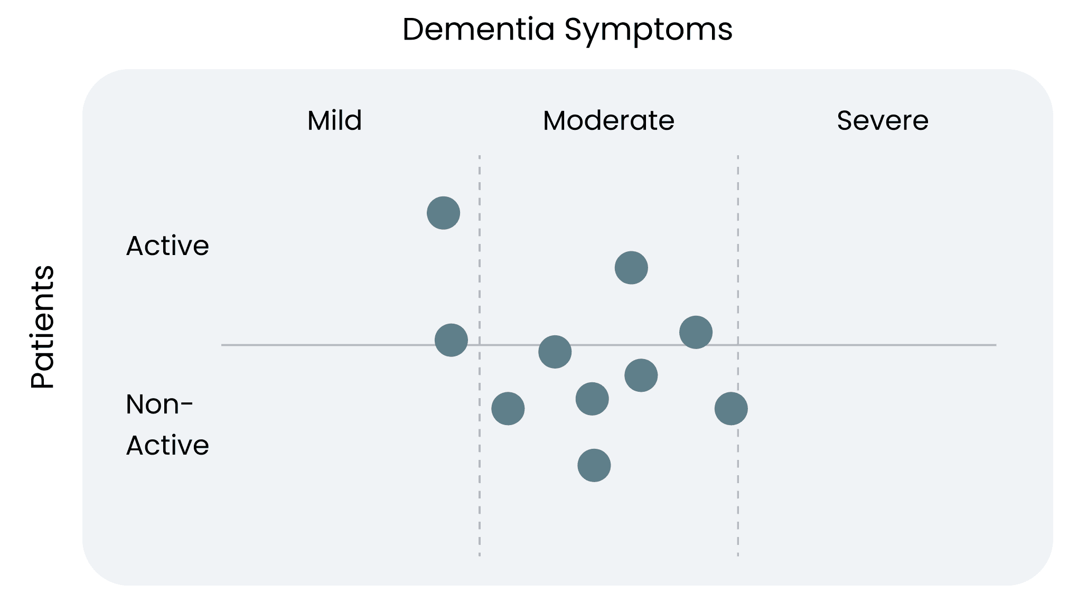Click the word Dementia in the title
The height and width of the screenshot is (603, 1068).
tap(478, 29)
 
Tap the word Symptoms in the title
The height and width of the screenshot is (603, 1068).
tap(648, 30)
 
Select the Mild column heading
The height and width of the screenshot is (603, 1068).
tap(334, 120)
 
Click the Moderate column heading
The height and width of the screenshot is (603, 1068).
tap(608, 120)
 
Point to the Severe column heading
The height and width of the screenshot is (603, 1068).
tap(882, 120)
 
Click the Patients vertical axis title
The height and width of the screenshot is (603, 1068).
tap(42, 327)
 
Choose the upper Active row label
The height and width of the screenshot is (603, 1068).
tap(167, 246)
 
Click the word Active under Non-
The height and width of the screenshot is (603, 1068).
tap(167, 445)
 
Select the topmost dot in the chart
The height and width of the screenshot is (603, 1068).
tap(443, 213)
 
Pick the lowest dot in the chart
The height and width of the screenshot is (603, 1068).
tap(594, 465)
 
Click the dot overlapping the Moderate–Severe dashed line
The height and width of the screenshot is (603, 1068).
tap(731, 408)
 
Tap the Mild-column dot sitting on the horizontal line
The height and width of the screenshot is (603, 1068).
tap(451, 340)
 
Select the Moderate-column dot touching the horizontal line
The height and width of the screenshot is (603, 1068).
tap(555, 352)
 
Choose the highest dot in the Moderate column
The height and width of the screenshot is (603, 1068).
tap(631, 268)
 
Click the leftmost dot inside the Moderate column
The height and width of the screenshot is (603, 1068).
tap(508, 408)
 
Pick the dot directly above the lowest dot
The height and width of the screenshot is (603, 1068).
tap(592, 399)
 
